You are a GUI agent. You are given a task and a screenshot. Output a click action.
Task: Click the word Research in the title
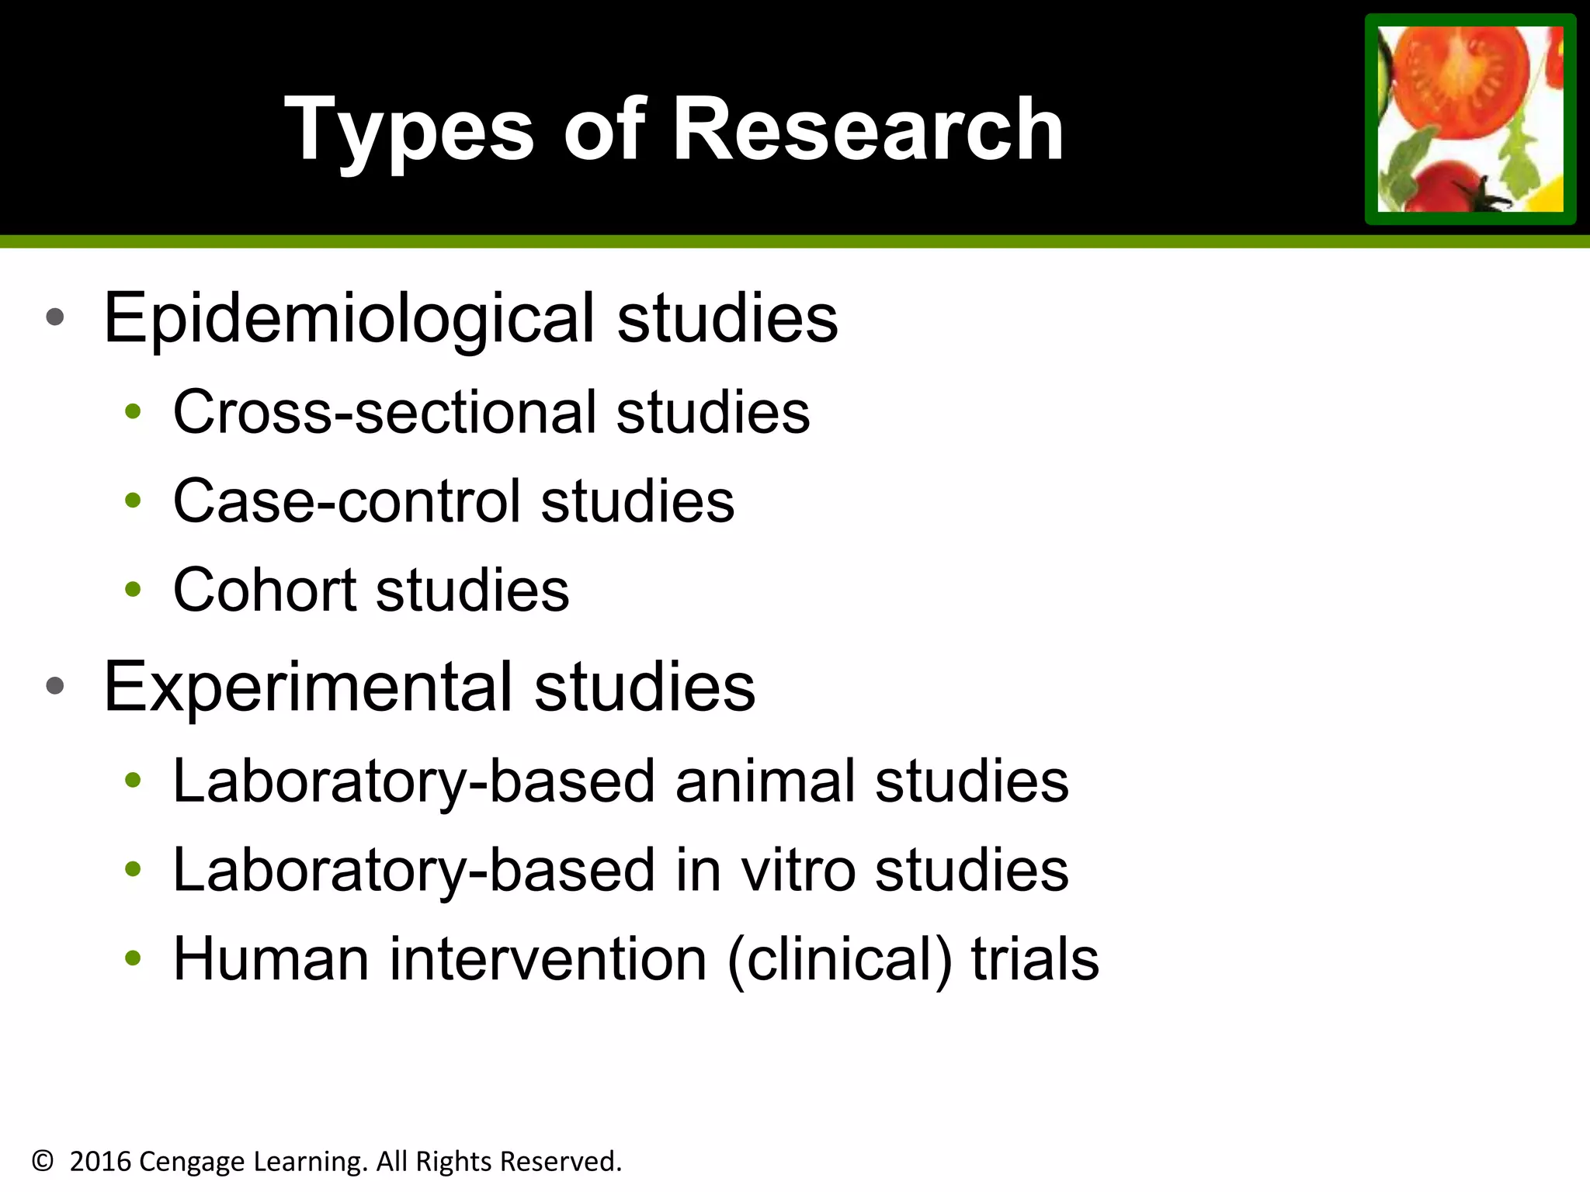pyautogui.click(x=868, y=130)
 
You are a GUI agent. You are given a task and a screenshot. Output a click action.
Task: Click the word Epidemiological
pyautogui.click(x=349, y=318)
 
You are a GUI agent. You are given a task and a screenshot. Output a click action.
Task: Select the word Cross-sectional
pyautogui.click(x=384, y=411)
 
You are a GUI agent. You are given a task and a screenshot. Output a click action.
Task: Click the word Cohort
pyautogui.click(x=264, y=590)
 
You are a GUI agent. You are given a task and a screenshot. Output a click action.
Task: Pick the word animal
pyautogui.click(x=765, y=781)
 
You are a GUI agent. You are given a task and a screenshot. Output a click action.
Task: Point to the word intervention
pyautogui.click(x=548, y=959)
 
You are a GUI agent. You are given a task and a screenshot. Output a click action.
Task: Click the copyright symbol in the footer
pyautogui.click(x=43, y=1161)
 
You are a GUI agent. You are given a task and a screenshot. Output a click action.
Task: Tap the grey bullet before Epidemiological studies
pyautogui.click(x=54, y=317)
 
